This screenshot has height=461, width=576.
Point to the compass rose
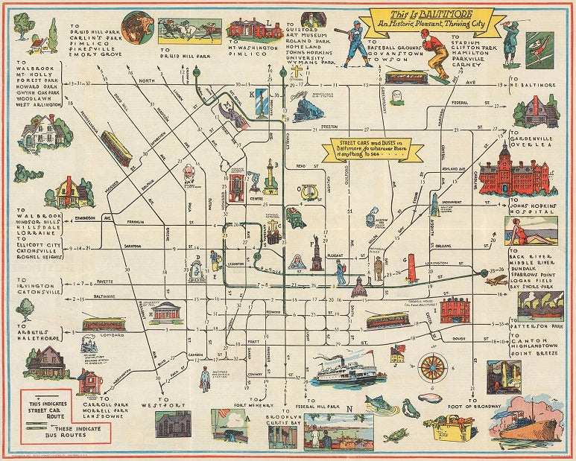[431, 367]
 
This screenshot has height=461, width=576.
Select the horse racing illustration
[189, 31]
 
